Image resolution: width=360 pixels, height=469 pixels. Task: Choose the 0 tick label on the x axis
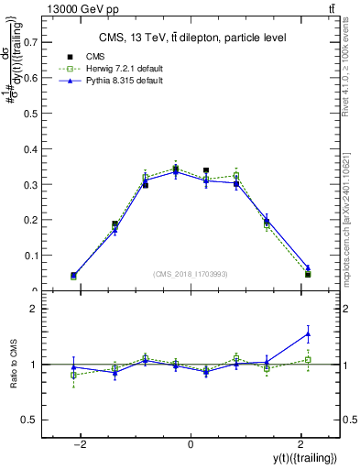pos(191,444)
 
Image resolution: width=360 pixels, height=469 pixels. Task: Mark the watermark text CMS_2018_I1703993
pos(191,274)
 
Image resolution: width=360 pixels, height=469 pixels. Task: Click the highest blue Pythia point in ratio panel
pos(308,333)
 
